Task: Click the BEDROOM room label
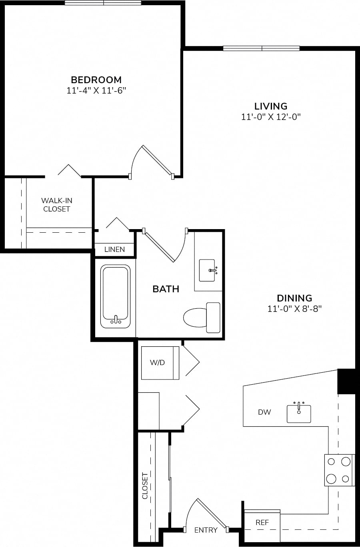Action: pyautogui.click(x=96, y=80)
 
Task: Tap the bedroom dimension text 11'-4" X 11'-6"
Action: pyautogui.click(x=96, y=91)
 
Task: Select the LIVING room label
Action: pyautogui.click(x=271, y=106)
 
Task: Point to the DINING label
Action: pyautogui.click(x=294, y=298)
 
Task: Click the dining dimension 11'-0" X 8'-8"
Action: pyautogui.click(x=294, y=309)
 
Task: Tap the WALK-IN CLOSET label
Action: pyautogui.click(x=57, y=205)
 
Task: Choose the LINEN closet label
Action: pyautogui.click(x=114, y=250)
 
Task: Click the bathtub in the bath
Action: pyautogui.click(x=115, y=296)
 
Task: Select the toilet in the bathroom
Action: pyautogui.click(x=202, y=317)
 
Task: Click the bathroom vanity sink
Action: pyautogui.click(x=207, y=270)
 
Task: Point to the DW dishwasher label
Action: pyautogui.click(x=264, y=412)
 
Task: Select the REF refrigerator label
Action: pyautogui.click(x=262, y=522)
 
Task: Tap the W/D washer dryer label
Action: pyautogui.click(x=157, y=363)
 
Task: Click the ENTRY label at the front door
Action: pyautogui.click(x=206, y=530)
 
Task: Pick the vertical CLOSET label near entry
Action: pyautogui.click(x=145, y=486)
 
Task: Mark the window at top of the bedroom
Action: pyautogui.click(x=103, y=3)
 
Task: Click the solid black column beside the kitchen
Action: pyautogui.click(x=346, y=381)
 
